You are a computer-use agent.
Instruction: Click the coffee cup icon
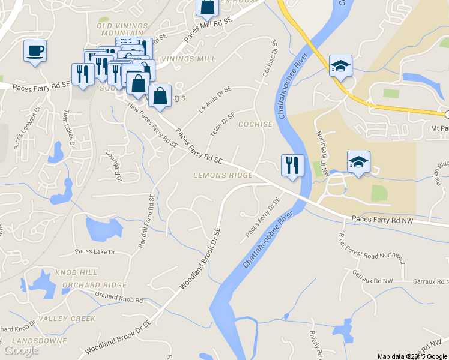35,50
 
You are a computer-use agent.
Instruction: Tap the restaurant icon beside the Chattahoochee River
292,165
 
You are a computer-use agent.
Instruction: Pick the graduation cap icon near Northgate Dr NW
358,161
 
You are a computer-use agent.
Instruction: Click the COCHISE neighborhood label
256,125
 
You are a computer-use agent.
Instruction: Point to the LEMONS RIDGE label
223,176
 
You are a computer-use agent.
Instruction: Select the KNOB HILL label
76,272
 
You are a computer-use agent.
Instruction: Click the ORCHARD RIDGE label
95,285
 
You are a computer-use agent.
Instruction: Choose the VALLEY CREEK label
67,318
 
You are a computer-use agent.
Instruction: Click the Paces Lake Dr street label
95,251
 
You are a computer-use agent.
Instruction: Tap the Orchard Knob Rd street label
114,298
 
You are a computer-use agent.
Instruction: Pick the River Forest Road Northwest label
372,249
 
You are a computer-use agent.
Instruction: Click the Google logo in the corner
22,350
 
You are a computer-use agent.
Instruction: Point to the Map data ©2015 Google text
412,356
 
